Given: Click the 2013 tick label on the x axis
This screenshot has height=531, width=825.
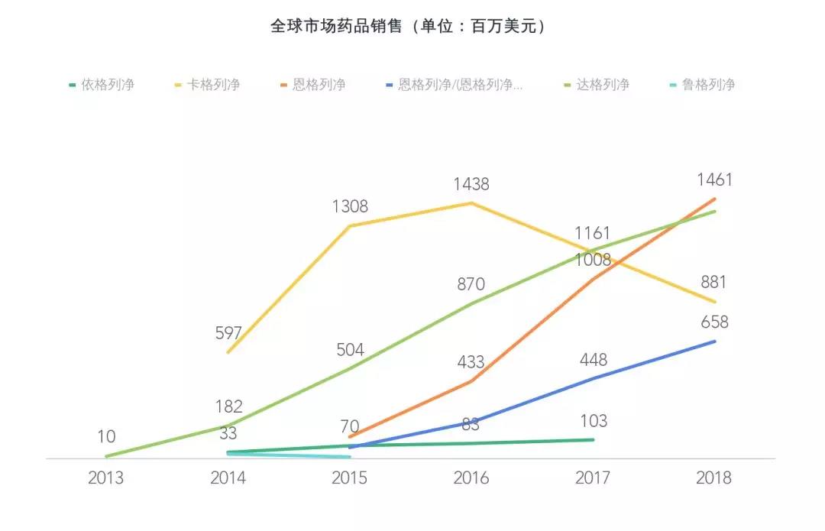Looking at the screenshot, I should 106,478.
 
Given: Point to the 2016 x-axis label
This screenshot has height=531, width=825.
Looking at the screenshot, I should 471,478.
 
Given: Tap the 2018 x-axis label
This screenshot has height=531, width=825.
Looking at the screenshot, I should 714,478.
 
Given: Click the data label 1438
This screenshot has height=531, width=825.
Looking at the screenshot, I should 471,184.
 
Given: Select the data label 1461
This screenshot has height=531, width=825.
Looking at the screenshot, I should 714,180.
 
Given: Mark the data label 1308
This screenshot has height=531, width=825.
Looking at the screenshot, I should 350,206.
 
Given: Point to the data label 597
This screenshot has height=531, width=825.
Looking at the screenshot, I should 228,333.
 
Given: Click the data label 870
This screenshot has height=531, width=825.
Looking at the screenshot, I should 471,284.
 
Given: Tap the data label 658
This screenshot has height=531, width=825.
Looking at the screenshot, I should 714,322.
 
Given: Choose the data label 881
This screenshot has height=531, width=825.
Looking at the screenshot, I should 714,283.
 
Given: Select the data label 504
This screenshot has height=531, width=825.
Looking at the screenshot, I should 350,350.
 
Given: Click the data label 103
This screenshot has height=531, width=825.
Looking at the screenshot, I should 594,421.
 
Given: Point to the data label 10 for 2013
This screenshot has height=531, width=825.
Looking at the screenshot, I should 106,437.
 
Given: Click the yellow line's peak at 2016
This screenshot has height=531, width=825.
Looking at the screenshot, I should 472,203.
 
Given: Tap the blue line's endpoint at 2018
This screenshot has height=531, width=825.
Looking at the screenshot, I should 715,341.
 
